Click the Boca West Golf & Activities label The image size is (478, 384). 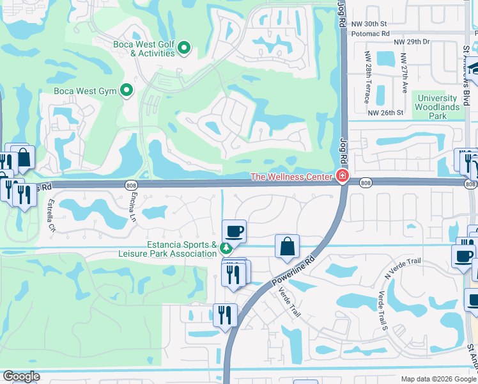[144, 49]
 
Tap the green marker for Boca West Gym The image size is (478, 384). [127, 91]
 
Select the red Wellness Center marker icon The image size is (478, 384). [343, 177]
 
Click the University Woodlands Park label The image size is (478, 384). [437, 103]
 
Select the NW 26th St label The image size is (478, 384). [386, 113]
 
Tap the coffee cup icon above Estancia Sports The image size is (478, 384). [234, 230]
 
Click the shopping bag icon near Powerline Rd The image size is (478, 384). [287, 246]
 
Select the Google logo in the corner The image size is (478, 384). [22, 376]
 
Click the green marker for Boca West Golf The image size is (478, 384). [184, 48]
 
